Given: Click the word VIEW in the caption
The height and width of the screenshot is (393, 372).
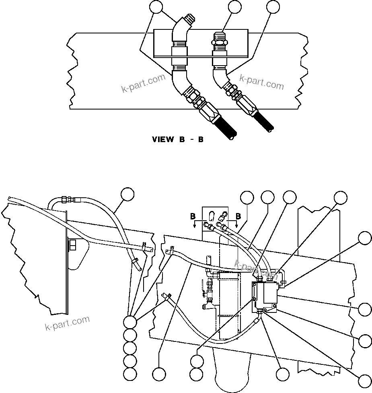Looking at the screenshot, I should click(x=163, y=140).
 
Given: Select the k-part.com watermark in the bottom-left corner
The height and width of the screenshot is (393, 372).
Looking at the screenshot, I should click(x=67, y=323).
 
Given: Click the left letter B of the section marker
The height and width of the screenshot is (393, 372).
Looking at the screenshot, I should click(x=193, y=216).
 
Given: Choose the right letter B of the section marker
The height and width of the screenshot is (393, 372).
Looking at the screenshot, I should click(x=238, y=216).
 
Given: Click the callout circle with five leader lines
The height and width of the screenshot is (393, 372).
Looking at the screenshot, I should click(x=129, y=322).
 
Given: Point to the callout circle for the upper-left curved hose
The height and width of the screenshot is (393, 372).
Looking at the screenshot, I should click(x=128, y=194).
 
